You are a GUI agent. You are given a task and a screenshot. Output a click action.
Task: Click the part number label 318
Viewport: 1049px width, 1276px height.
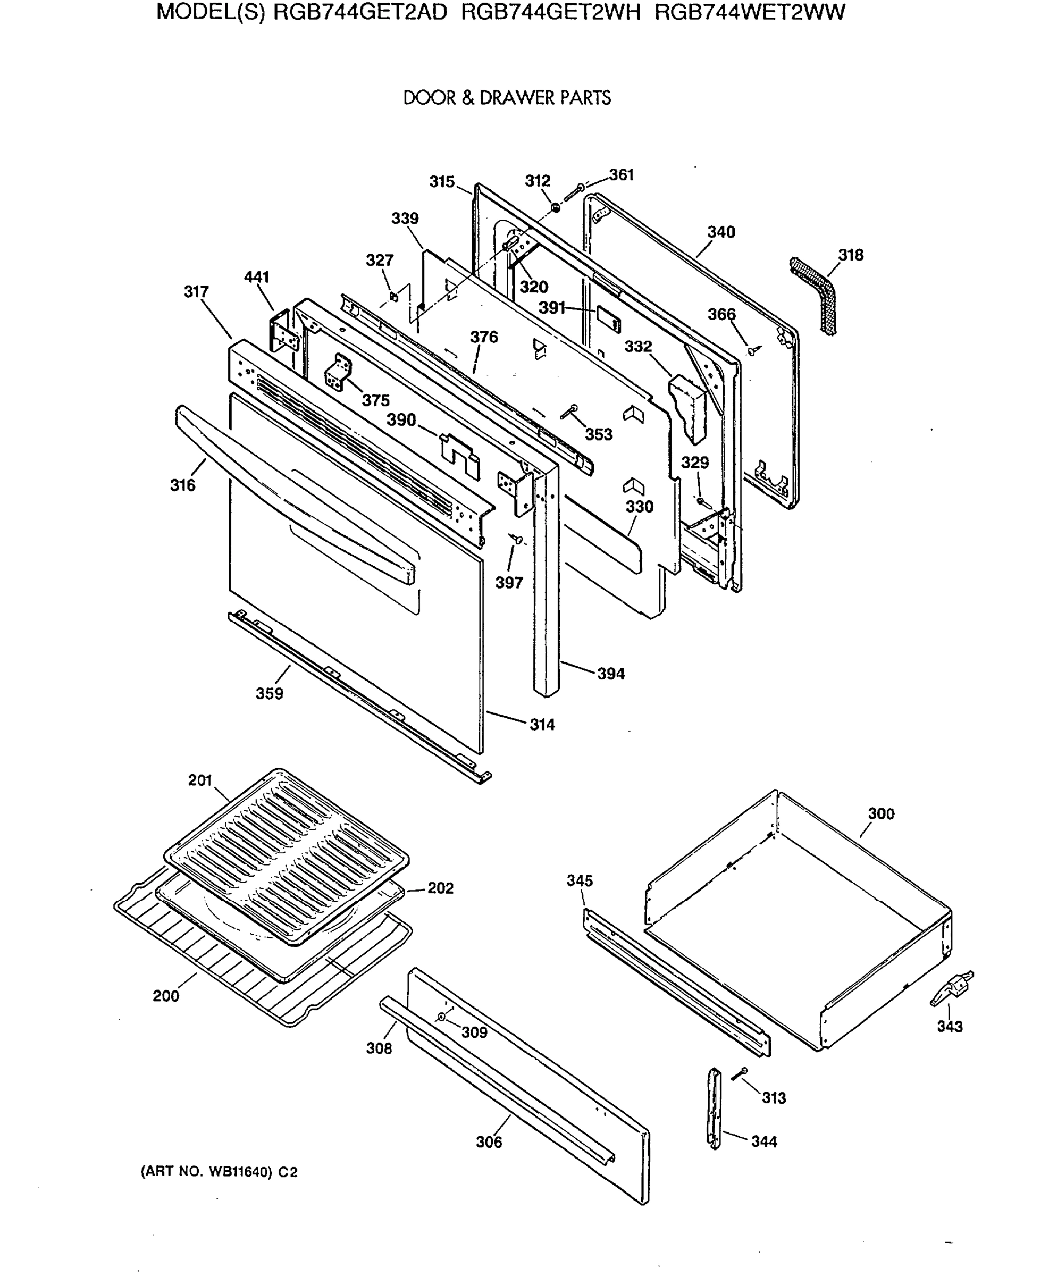[850, 255]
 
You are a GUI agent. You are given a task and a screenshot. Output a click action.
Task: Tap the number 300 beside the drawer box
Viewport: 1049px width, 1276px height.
[880, 814]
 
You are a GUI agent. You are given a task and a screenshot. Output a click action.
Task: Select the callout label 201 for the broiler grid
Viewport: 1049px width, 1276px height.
[200, 780]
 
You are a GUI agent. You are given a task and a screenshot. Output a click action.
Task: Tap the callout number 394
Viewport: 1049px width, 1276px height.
[611, 674]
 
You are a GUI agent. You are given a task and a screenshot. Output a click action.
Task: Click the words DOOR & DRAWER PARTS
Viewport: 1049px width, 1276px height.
[507, 98]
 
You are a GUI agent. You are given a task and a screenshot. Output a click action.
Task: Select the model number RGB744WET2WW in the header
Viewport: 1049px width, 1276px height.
[750, 12]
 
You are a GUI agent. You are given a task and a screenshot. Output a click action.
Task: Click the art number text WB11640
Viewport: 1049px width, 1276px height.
[238, 1172]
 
